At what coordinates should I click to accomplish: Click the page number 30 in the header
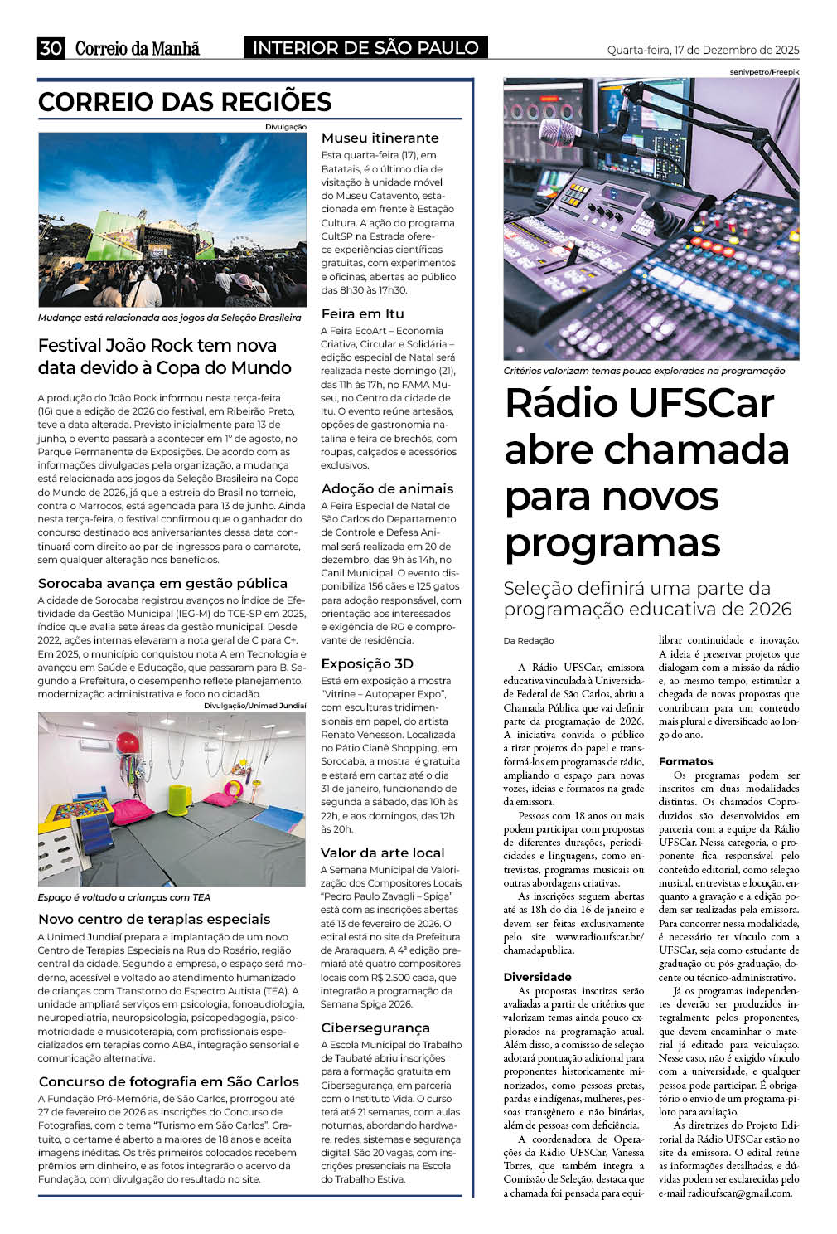point(51,48)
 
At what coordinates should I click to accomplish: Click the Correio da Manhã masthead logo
point(138,49)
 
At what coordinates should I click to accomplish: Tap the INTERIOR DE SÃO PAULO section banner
point(365,48)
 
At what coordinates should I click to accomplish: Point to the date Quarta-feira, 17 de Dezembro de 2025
point(703,50)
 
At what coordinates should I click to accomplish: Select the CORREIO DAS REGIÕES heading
point(185,102)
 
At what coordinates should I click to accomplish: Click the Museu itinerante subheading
point(380,138)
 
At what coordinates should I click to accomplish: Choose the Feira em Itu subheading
point(362,313)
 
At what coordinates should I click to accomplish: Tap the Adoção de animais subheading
point(387,488)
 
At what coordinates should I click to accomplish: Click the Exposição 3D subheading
point(367,663)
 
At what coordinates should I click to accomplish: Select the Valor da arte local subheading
point(383,853)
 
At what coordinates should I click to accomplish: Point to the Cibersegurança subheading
point(375,1028)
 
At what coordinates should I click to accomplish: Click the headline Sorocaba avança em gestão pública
point(162,583)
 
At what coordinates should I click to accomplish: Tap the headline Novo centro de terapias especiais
point(154,919)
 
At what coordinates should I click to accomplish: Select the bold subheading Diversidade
point(537,977)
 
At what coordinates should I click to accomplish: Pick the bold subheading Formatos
point(685,761)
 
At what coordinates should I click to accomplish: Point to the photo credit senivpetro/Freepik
point(764,72)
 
